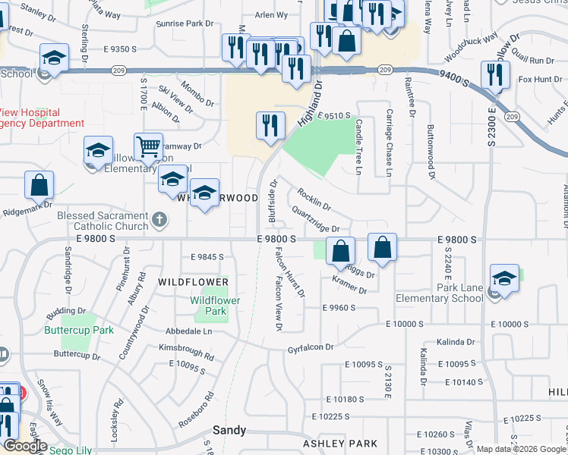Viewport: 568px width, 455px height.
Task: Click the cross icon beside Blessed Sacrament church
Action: [x=159, y=220]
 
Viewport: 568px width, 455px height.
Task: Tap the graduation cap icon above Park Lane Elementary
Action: [x=504, y=278]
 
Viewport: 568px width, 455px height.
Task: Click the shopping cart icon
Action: [x=148, y=146]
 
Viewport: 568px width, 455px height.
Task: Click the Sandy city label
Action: [x=229, y=430]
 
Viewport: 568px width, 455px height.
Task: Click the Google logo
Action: [x=25, y=446]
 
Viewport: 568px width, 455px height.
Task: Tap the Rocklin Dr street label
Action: [x=314, y=199]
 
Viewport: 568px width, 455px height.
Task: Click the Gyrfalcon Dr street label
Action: [x=311, y=347]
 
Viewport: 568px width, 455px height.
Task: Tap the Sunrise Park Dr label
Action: [x=184, y=24]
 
